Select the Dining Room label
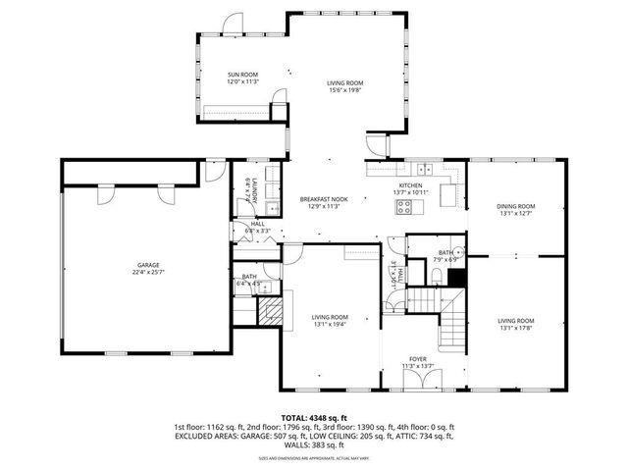point(515,206)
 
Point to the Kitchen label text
point(410,185)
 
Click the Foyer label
point(417,360)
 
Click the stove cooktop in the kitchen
point(402,207)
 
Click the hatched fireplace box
point(269,311)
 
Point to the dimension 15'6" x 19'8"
point(345,90)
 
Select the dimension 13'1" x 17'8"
point(515,328)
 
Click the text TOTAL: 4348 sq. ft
point(314,418)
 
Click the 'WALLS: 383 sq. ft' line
point(314,446)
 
